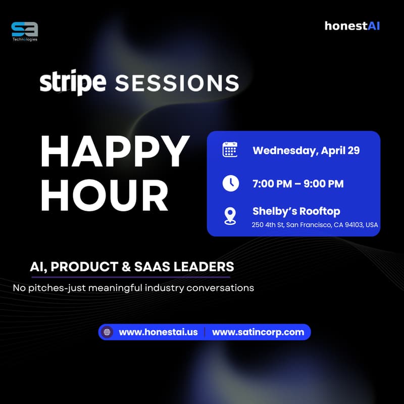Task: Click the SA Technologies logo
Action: [x=24, y=30]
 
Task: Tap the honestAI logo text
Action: [x=352, y=26]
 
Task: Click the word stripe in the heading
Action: [x=73, y=82]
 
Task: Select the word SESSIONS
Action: [x=177, y=83]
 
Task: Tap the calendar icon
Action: [x=230, y=150]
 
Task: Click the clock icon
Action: [x=230, y=183]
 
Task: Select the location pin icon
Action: [x=230, y=216]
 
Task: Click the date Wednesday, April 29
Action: [x=306, y=150]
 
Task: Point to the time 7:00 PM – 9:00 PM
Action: [x=298, y=184]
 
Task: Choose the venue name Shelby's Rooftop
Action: [x=296, y=211]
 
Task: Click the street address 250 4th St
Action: [x=268, y=225]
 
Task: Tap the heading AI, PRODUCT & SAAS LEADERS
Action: [x=131, y=267]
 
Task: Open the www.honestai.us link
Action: [x=158, y=332]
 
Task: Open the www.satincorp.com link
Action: [x=258, y=332]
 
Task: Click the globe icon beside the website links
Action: [x=107, y=332]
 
